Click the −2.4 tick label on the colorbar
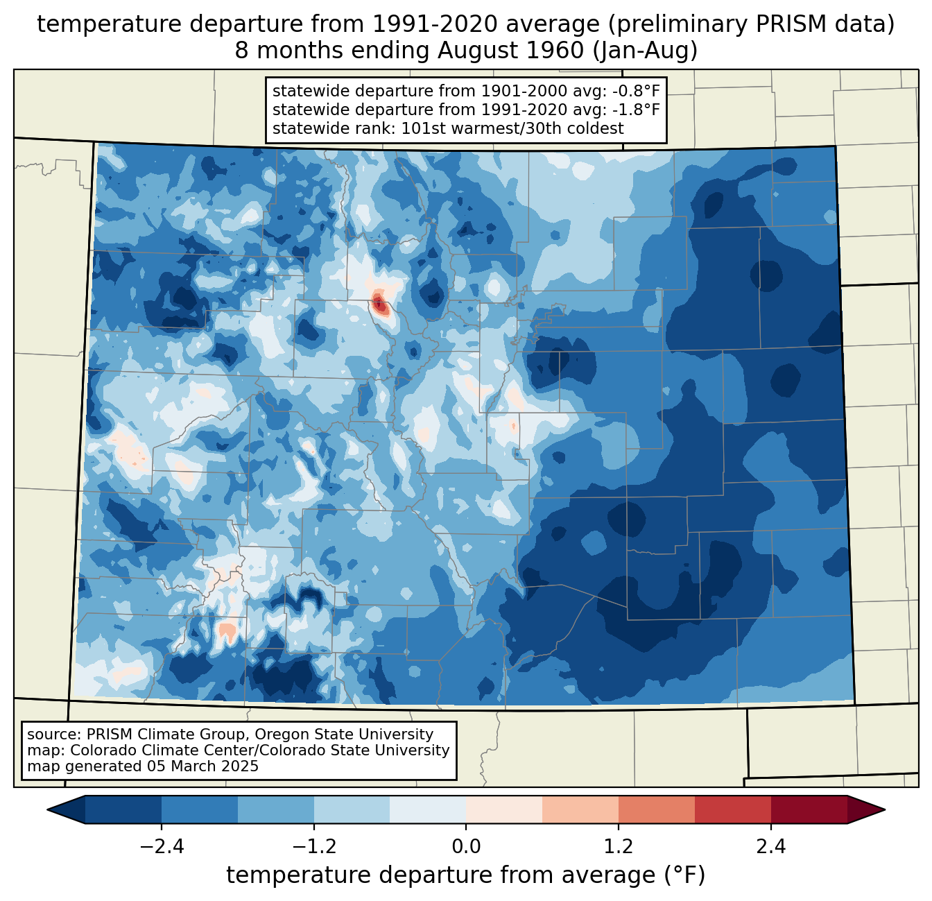pos(162,847)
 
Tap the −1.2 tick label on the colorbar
pos(313,847)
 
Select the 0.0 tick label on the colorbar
pos(466,847)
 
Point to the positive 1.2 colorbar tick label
pos(619,847)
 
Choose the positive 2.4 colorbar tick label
pos(770,847)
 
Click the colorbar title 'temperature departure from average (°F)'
pos(466,875)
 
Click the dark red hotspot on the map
pos(379,303)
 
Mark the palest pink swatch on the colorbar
pos(504,809)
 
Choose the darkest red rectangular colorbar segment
pos(809,809)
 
